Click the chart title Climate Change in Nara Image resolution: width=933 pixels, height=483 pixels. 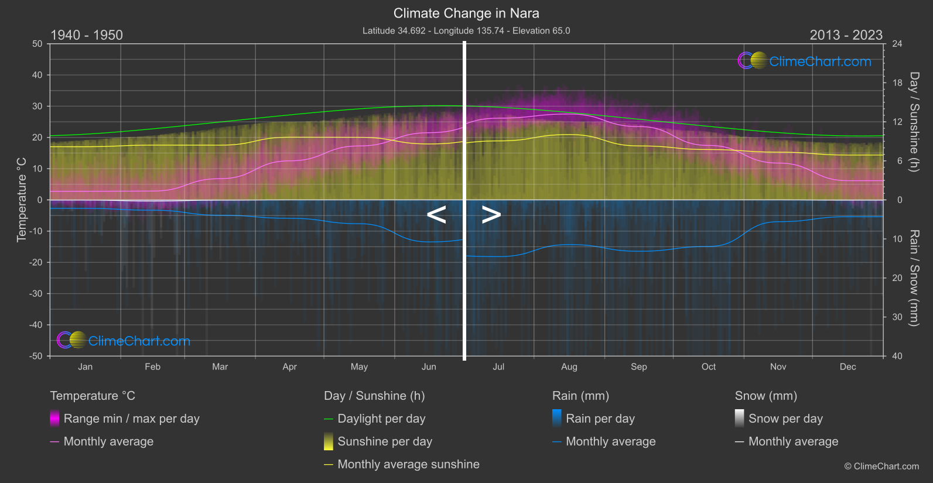click(466, 13)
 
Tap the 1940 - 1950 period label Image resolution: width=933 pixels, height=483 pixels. click(87, 35)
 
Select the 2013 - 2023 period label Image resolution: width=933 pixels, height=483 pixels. click(846, 35)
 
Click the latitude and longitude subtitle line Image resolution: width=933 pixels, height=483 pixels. click(466, 30)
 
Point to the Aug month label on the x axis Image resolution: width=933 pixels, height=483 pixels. click(569, 367)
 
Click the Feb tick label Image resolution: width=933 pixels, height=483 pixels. click(152, 367)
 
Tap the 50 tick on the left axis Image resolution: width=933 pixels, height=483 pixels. click(37, 44)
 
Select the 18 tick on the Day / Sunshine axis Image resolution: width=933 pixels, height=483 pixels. click(897, 83)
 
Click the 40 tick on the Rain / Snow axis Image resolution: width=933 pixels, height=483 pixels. click(897, 356)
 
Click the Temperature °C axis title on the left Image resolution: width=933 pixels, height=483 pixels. click(22, 200)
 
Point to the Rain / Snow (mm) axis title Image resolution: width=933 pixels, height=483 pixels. click(914, 278)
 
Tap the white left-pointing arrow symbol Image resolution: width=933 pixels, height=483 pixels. click(436, 215)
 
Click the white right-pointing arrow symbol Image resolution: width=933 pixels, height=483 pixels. click(491, 215)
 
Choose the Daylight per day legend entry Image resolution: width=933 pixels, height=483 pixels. click(381, 419)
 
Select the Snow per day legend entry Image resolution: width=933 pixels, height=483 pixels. click(785, 419)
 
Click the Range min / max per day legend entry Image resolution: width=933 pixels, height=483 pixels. click(131, 419)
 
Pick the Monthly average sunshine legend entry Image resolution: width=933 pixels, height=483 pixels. click(408, 464)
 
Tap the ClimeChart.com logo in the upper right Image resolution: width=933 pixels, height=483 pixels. click(805, 61)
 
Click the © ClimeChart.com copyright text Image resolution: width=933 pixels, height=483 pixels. click(881, 466)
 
